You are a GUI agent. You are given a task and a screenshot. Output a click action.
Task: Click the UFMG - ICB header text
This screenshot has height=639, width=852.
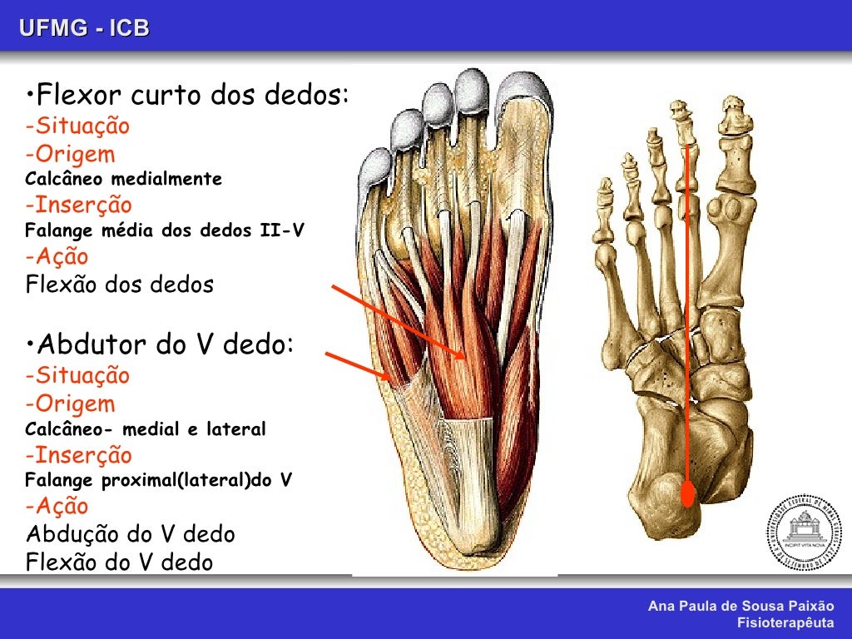pyautogui.click(x=85, y=28)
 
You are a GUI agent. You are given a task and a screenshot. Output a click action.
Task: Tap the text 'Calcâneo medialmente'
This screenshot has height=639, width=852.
pyautogui.click(x=124, y=179)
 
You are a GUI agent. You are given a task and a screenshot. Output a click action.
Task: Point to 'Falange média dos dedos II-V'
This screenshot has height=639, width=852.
pyautogui.click(x=164, y=230)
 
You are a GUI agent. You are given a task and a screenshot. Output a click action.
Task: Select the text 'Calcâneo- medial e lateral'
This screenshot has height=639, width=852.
pyautogui.click(x=146, y=429)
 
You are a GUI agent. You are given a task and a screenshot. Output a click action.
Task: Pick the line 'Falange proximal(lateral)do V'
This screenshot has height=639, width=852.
pyautogui.click(x=159, y=481)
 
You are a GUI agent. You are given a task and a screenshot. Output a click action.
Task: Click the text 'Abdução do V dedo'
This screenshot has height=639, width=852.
pyautogui.click(x=131, y=533)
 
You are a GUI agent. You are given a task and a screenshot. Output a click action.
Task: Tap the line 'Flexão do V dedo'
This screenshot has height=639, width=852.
pyautogui.click(x=120, y=562)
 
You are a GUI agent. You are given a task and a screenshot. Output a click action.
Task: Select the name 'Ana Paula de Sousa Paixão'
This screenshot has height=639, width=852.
pyautogui.click(x=741, y=607)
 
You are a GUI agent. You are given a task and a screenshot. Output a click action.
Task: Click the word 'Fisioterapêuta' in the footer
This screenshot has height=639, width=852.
pyautogui.click(x=785, y=622)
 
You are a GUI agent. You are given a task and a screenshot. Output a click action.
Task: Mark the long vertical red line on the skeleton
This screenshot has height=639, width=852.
pyautogui.click(x=688, y=316)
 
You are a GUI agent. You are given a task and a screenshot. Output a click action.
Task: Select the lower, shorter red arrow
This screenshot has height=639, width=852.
pyautogui.click(x=358, y=367)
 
